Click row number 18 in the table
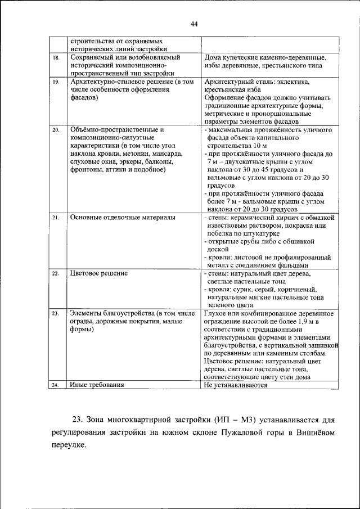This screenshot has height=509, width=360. (56, 58)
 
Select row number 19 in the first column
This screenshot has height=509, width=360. (56, 82)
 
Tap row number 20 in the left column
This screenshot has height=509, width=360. (56, 130)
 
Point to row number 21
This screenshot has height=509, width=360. (56, 217)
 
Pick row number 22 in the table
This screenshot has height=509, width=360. (56, 273)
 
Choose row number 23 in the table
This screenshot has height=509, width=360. (56, 313)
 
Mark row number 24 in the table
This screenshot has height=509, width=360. (56, 385)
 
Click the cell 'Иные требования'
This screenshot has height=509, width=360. (97, 385)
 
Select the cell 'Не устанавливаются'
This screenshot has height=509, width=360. (236, 385)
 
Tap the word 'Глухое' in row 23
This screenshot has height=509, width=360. (215, 313)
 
